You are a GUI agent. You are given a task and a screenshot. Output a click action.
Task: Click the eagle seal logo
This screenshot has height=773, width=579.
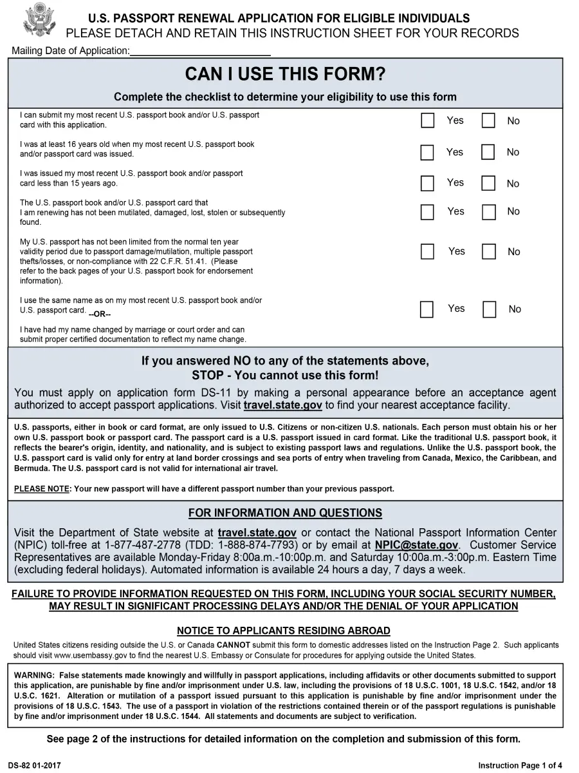pos(39,20)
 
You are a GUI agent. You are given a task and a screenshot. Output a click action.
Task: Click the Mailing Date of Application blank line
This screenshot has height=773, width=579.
pos(199,51)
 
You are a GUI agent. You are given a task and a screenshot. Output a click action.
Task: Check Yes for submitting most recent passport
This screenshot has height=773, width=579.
pos(427,120)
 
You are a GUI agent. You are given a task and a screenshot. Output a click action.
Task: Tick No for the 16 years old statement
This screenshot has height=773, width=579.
pos(488,153)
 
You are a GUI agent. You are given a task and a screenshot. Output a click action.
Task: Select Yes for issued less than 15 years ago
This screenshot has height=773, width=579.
pos(427,184)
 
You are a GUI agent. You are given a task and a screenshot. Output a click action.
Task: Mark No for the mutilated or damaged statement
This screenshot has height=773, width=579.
pos(488,212)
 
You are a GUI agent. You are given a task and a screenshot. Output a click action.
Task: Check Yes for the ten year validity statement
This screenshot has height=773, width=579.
pos(427,252)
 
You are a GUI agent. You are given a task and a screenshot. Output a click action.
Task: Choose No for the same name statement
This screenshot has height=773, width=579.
pos(489,310)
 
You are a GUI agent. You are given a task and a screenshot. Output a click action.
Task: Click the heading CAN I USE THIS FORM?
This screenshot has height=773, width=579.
pos(285,75)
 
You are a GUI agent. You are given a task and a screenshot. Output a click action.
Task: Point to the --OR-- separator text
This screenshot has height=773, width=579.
pos(100,314)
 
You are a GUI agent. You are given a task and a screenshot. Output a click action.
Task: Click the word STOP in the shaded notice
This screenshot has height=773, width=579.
pos(208,376)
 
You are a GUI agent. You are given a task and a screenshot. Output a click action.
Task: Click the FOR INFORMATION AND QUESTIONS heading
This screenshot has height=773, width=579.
pos(285,513)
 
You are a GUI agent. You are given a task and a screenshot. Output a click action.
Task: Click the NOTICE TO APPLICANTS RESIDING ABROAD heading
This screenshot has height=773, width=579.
pos(284,631)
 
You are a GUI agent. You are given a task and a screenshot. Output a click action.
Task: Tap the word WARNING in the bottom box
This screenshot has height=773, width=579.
pos(34,675)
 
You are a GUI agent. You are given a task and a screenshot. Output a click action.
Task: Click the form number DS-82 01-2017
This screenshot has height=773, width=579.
pos(37,765)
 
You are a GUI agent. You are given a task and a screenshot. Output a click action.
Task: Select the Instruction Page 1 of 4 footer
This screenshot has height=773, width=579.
pos(520,765)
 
